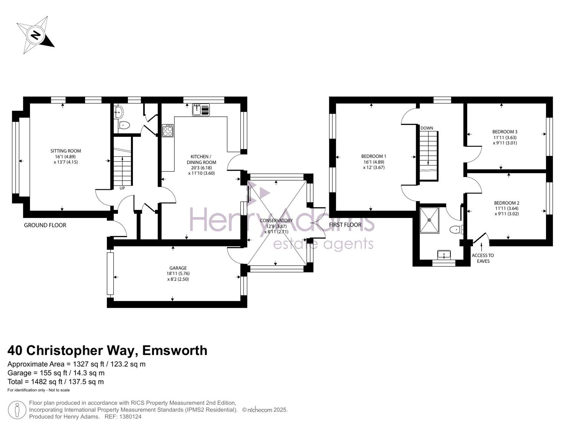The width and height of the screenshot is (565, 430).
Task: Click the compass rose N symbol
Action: point(36,35)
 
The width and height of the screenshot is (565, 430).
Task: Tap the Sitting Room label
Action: point(66,151)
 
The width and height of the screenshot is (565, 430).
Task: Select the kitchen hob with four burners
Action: point(168,131)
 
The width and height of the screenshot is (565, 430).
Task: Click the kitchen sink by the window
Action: point(201,110)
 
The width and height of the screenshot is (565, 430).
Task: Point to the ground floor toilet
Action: point(124,125)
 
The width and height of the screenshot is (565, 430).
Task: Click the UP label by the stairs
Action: point(122,188)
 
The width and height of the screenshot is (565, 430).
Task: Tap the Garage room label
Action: point(178,268)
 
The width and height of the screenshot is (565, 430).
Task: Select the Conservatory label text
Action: point(276,221)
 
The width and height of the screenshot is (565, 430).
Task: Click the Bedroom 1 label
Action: point(374,156)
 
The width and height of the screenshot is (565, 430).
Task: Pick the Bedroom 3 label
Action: point(505,132)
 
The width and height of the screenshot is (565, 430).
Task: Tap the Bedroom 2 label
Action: point(507,203)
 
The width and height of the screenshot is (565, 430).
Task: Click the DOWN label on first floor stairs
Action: point(427,128)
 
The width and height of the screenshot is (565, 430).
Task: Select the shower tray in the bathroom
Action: point(429,220)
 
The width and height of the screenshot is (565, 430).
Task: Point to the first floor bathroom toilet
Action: point(456,230)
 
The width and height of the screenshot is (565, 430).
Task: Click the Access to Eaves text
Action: point(483,258)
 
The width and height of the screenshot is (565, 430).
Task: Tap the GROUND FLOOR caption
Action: point(45,225)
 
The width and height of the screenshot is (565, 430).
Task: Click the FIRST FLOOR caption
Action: point(345,225)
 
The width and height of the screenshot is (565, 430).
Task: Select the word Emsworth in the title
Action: point(175,351)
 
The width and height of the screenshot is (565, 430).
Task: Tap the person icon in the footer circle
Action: point(17,410)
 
